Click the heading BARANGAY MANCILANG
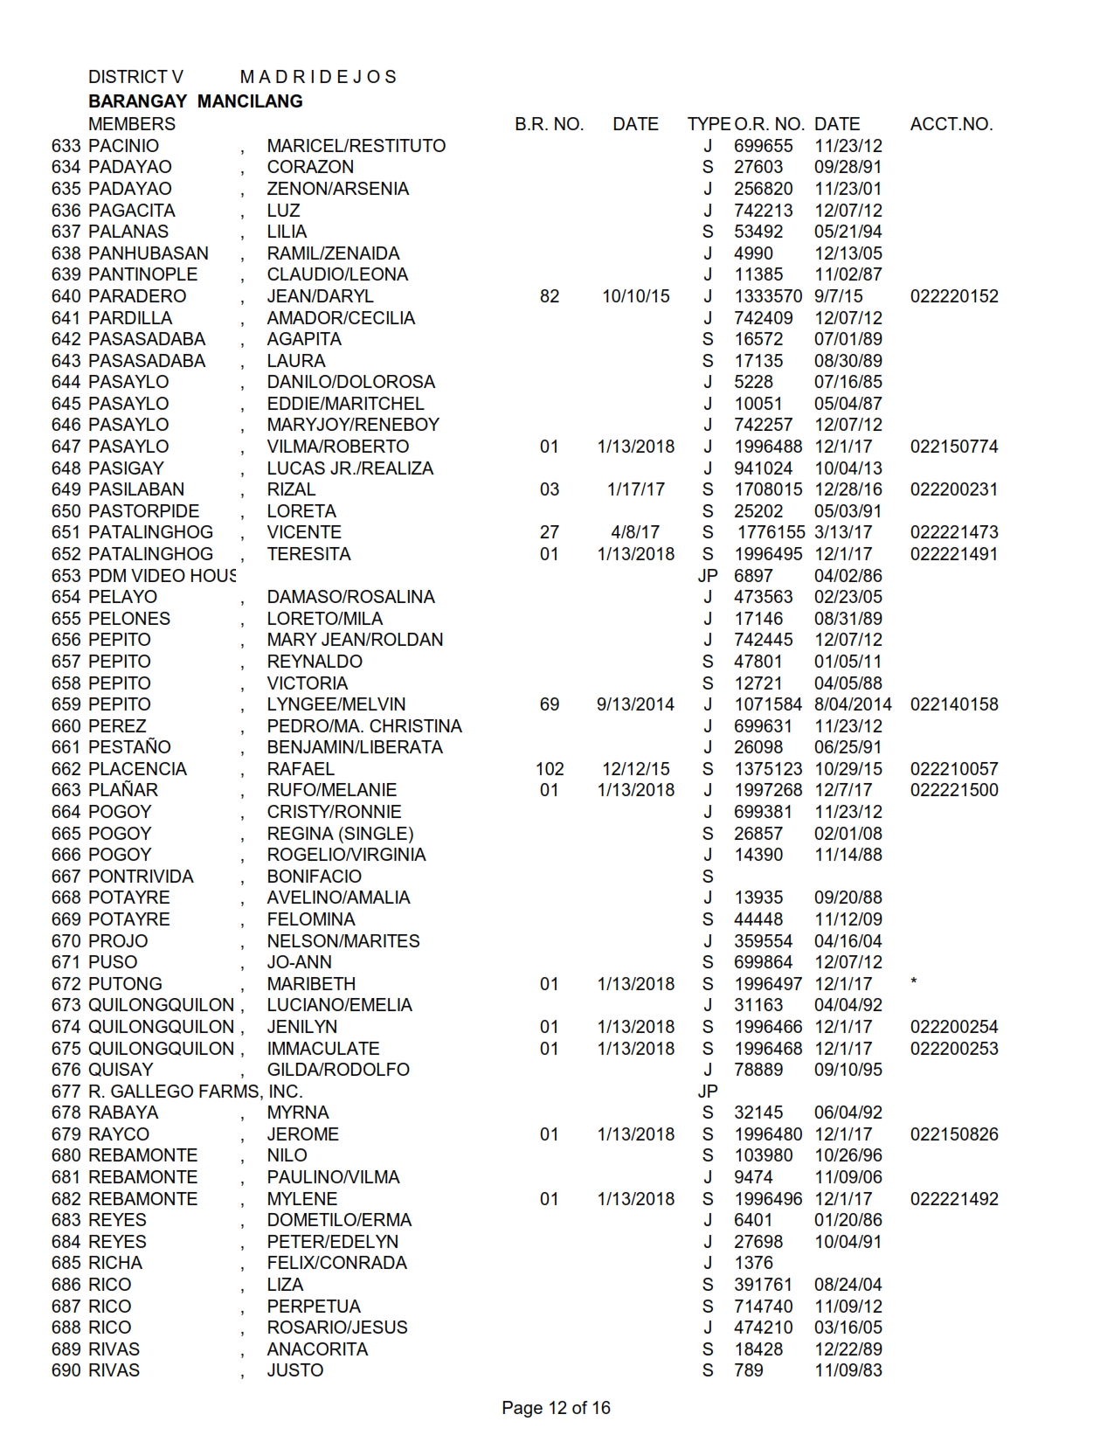point(195,101)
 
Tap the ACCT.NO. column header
point(951,124)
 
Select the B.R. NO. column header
point(549,124)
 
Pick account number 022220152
point(953,296)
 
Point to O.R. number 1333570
point(767,296)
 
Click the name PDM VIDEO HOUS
point(162,576)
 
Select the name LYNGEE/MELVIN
point(336,704)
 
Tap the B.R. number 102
point(549,769)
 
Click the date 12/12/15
point(635,769)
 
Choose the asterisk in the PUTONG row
point(913,982)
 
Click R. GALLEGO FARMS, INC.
point(195,1092)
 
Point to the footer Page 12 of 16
point(556,1408)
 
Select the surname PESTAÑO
point(129,747)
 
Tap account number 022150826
point(953,1134)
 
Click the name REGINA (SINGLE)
point(340,834)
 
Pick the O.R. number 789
point(748,1370)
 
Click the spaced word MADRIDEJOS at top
point(318,77)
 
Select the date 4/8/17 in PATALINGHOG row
point(635,532)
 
